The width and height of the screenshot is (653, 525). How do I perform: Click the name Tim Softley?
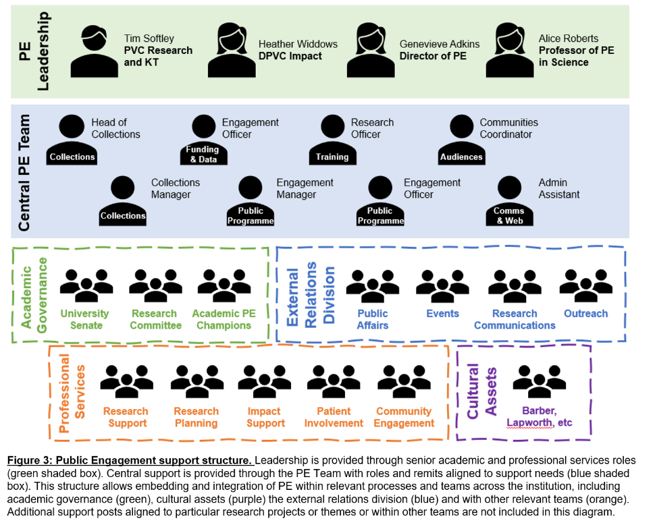149,38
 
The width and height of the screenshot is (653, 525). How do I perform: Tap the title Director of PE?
433,56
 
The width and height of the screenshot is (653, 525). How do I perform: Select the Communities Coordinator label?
508,128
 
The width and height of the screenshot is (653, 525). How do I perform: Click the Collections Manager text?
175,188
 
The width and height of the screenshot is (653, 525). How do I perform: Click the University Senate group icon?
86,286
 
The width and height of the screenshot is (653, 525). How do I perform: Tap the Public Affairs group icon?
372,286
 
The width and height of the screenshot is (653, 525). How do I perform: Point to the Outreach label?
585,313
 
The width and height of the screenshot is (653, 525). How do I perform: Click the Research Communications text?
515,319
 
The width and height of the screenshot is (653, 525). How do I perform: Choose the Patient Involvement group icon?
334,383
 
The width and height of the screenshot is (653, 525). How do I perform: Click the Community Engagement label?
404,417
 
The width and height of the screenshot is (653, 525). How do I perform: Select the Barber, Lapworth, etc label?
539,417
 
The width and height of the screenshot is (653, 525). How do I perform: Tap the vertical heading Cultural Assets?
483,391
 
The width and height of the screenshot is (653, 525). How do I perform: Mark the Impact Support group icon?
265,383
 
